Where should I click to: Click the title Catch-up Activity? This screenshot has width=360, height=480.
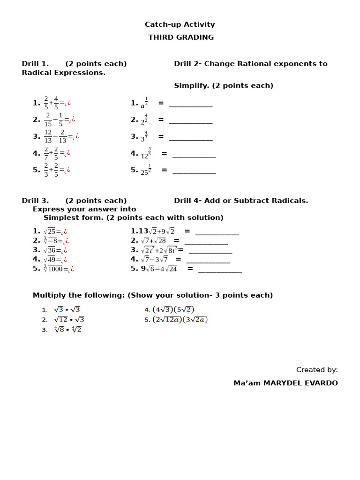(x=180, y=24)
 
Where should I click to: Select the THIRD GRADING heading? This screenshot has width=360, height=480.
(x=181, y=37)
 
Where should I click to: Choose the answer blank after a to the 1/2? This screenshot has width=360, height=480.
(x=191, y=105)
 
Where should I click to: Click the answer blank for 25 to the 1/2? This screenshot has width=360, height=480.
(x=194, y=172)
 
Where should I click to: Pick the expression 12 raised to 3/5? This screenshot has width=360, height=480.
(x=146, y=154)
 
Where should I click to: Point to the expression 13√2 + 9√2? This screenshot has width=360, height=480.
(x=156, y=231)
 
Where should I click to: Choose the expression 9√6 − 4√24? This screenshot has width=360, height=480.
(x=159, y=269)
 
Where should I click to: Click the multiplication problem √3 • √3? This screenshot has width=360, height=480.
(x=67, y=309)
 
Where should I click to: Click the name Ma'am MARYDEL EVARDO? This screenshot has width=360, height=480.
(x=285, y=383)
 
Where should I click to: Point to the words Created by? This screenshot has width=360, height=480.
(x=317, y=370)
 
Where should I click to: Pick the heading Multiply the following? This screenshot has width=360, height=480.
(x=152, y=295)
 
